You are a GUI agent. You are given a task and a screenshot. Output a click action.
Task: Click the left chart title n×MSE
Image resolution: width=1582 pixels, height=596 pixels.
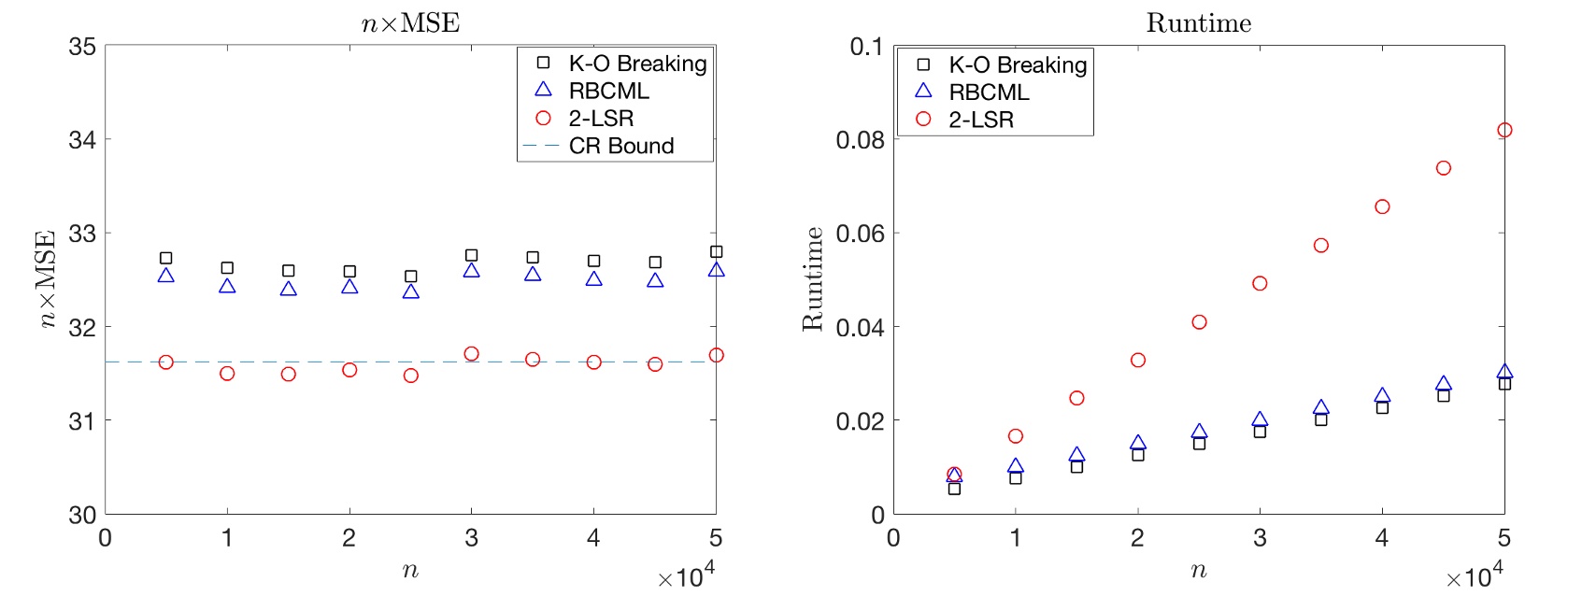[x=410, y=22]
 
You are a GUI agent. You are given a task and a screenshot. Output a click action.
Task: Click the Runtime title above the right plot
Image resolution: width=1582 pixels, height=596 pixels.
[x=1198, y=22]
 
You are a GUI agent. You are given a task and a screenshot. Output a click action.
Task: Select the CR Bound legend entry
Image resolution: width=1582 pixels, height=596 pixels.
[x=620, y=146]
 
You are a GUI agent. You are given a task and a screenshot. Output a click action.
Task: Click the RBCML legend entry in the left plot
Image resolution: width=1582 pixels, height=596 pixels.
[x=608, y=91]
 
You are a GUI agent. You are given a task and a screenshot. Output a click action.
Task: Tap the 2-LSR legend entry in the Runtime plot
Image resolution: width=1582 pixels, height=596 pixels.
[x=981, y=120]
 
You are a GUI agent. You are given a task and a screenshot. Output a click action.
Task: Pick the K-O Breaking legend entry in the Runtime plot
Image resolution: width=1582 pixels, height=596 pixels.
[x=1018, y=64]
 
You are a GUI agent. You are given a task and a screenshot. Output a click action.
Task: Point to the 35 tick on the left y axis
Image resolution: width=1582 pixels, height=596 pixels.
[x=82, y=46]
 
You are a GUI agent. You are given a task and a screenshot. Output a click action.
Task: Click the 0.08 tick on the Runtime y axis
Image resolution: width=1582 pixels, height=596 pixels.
[x=860, y=140]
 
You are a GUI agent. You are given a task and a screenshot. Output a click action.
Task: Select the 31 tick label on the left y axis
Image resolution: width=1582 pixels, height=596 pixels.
[x=82, y=420]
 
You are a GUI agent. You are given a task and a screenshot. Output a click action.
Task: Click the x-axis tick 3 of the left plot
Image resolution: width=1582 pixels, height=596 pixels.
[x=471, y=538]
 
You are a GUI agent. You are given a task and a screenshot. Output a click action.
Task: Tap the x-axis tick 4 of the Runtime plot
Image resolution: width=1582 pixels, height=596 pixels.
[x=1381, y=538]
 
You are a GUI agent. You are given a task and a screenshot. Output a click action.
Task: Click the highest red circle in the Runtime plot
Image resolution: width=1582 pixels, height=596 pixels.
[x=1504, y=130]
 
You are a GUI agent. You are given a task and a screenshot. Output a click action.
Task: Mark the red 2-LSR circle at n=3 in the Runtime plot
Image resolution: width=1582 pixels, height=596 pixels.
[x=1260, y=283]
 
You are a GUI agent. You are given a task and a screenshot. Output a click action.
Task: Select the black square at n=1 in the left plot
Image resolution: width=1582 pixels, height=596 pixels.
[x=227, y=268]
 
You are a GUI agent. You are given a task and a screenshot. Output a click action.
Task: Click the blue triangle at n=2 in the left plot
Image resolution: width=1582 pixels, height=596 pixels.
[x=349, y=287]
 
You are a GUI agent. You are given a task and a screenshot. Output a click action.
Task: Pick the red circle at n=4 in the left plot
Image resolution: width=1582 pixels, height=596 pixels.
[x=593, y=362]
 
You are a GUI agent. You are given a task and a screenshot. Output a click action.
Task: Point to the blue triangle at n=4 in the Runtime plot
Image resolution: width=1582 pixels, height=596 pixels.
[x=1382, y=396]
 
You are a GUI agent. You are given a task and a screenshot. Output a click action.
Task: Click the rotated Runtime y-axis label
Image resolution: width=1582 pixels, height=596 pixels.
[x=812, y=278]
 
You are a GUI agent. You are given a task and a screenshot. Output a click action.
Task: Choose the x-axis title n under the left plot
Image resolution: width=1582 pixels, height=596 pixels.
[x=410, y=570]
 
